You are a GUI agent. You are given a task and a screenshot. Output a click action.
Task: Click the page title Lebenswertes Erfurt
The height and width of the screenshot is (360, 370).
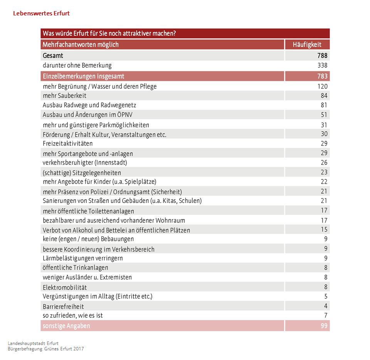pyautogui.click(x=41, y=13)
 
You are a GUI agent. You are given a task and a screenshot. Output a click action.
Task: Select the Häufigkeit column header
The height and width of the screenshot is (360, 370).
pyautogui.click(x=307, y=45)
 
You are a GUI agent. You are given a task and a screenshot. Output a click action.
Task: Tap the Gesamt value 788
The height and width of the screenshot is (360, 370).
pyautogui.click(x=322, y=56)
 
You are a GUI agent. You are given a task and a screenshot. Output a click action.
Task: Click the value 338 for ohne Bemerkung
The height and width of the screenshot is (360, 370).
pyautogui.click(x=322, y=65)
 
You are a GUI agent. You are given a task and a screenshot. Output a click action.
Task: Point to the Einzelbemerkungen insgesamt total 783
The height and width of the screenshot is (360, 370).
pyautogui.click(x=322, y=76)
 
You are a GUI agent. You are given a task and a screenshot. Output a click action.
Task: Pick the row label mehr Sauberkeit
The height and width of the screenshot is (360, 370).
pyautogui.click(x=64, y=96)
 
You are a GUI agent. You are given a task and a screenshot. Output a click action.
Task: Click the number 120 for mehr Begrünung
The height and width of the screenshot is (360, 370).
pyautogui.click(x=322, y=86)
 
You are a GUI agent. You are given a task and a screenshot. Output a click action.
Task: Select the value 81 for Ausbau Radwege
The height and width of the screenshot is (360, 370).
pyautogui.click(x=324, y=105)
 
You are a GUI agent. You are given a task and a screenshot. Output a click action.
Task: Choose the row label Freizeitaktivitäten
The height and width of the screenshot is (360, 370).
pyautogui.click(x=67, y=144)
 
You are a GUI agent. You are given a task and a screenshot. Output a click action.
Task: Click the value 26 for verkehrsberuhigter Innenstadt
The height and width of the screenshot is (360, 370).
pyautogui.click(x=324, y=162)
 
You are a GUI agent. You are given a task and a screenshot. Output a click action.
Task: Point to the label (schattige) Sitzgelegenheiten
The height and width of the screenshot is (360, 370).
pyautogui.click(x=82, y=173)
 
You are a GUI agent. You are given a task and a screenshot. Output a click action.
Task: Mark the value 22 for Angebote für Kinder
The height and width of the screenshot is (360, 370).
pyautogui.click(x=324, y=181)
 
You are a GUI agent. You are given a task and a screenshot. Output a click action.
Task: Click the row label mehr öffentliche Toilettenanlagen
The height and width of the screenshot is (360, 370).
pyautogui.click(x=88, y=211)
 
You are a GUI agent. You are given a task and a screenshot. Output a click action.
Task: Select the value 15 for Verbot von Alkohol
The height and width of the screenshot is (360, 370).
pyautogui.click(x=324, y=229)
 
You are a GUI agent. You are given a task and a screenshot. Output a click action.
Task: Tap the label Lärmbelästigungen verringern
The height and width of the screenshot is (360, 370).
pyautogui.click(x=82, y=258)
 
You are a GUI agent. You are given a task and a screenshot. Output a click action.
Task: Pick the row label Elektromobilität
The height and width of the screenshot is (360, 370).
pyautogui.click(x=65, y=288)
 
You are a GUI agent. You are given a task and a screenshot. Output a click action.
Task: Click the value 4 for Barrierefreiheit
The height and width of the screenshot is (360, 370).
pyautogui.click(x=326, y=306)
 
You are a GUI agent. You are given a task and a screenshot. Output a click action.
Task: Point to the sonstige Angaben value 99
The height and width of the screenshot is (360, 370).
pyautogui.click(x=324, y=326)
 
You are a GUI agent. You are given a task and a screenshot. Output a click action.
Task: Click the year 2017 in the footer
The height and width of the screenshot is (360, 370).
pyautogui.click(x=78, y=349)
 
